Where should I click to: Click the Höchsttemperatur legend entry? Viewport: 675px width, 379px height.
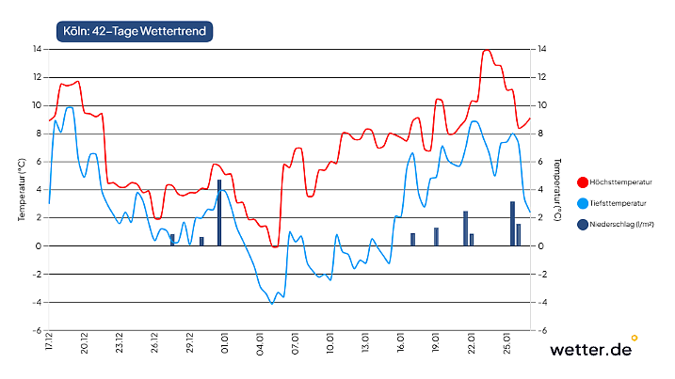(x=618, y=182)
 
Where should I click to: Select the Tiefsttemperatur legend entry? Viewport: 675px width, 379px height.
(x=617, y=203)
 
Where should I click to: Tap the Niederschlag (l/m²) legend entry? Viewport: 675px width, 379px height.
(x=619, y=224)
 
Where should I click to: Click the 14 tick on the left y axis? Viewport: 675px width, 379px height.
(x=37, y=49)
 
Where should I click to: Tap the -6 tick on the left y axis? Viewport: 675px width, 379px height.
(x=37, y=331)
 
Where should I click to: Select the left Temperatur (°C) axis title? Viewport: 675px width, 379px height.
(x=21, y=190)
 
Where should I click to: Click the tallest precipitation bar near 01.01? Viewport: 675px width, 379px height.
(x=219, y=213)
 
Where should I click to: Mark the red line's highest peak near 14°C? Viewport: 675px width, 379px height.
(x=487, y=50)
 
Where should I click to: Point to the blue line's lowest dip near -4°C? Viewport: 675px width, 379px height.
(x=272, y=303)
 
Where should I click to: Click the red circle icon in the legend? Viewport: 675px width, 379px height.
(x=583, y=182)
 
